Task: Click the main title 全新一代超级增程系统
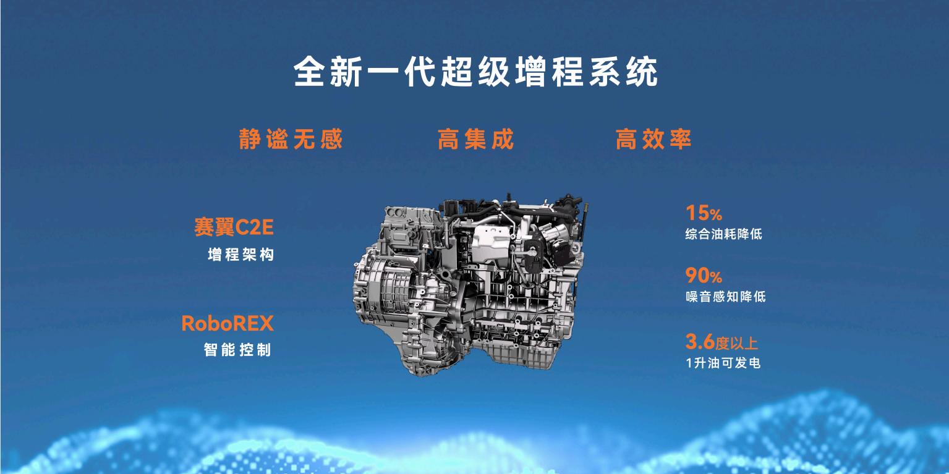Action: [475, 72]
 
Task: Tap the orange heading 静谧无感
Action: [291, 139]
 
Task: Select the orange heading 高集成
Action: [475, 139]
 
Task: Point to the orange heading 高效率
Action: [653, 139]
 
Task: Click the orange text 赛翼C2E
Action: [234, 227]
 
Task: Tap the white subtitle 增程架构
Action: [240, 255]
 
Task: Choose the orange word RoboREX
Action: [228, 324]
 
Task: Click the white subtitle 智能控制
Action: [237, 350]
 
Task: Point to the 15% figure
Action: [704, 213]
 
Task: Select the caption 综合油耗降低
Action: [723, 234]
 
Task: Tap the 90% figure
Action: [704, 276]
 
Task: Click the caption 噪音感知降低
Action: [725, 297]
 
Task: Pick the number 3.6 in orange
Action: [700, 342]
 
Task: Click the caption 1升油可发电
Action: [723, 363]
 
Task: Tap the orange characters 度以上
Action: [737, 343]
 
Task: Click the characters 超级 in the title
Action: [475, 72]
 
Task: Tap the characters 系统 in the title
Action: [623, 72]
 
